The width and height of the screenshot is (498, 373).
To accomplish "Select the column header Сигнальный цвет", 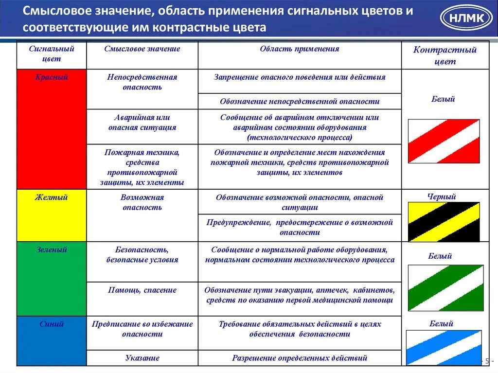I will [52, 54].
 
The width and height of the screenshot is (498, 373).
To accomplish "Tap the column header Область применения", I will [299, 49].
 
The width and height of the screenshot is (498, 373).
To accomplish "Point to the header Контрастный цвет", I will [445, 55].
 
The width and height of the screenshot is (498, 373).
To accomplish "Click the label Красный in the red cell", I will [52, 77].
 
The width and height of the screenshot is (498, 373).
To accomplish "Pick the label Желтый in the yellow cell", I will [51, 197].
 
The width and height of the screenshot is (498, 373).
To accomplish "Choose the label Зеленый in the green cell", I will [52, 250].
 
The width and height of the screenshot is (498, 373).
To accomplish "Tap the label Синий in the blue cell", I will [52, 324].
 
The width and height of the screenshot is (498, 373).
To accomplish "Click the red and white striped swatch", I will [444, 141].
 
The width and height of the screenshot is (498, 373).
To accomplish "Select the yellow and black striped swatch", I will [444, 222].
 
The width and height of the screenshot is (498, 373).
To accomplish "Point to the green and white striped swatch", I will [445, 288].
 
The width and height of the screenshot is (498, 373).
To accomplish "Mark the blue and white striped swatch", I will [444, 347].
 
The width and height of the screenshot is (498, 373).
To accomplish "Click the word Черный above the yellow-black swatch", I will [442, 197].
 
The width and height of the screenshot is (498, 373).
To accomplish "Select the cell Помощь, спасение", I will [142, 290].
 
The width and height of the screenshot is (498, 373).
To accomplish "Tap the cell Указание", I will [142, 358].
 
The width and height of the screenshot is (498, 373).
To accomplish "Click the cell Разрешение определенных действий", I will [300, 358].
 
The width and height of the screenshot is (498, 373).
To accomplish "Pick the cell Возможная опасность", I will [142, 202].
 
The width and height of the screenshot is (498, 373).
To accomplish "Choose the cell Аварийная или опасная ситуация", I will [142, 123].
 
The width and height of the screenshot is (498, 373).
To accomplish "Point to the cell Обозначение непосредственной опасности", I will [300, 102].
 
